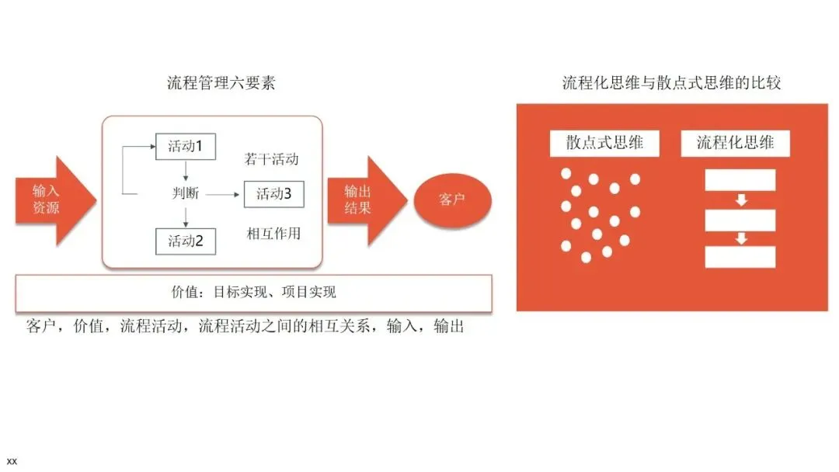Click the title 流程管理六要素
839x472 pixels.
(x=221, y=83)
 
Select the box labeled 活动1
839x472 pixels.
(x=186, y=146)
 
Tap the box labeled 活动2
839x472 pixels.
(x=186, y=241)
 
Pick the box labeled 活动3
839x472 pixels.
(x=273, y=194)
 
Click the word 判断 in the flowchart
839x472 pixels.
(x=186, y=193)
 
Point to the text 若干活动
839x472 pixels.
(x=272, y=159)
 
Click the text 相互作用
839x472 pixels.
(x=273, y=233)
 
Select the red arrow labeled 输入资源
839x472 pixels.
(x=51, y=200)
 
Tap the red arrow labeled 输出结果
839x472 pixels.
(x=364, y=200)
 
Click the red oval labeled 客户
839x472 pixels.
(x=452, y=200)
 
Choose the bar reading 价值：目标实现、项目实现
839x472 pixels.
(x=253, y=293)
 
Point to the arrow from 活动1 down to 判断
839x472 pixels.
(x=186, y=171)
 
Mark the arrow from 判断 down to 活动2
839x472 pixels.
(x=186, y=217)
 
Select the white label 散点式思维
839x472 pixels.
(x=604, y=143)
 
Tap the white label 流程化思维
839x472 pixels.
(x=735, y=143)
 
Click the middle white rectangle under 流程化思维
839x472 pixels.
(x=740, y=220)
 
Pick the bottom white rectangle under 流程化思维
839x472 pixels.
(x=740, y=257)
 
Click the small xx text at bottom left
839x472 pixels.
(x=12, y=461)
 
